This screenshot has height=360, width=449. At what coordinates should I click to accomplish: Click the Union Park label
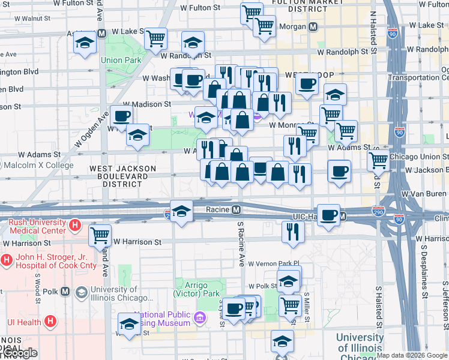[121, 60]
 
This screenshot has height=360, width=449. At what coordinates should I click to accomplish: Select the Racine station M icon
[237, 210]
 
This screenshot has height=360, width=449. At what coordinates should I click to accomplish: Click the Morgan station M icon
[313, 27]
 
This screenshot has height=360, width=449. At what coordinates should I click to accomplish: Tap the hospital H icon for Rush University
[75, 226]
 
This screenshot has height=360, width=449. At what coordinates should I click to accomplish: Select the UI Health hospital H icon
[51, 322]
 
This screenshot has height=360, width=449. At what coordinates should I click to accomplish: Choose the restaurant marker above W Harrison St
[292, 231]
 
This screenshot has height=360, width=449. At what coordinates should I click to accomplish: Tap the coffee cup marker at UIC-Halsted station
[328, 215]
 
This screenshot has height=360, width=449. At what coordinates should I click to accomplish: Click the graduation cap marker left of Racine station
[181, 211]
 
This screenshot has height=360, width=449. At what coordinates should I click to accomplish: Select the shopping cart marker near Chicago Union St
[378, 160]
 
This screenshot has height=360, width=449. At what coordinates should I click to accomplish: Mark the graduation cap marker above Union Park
[85, 43]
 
